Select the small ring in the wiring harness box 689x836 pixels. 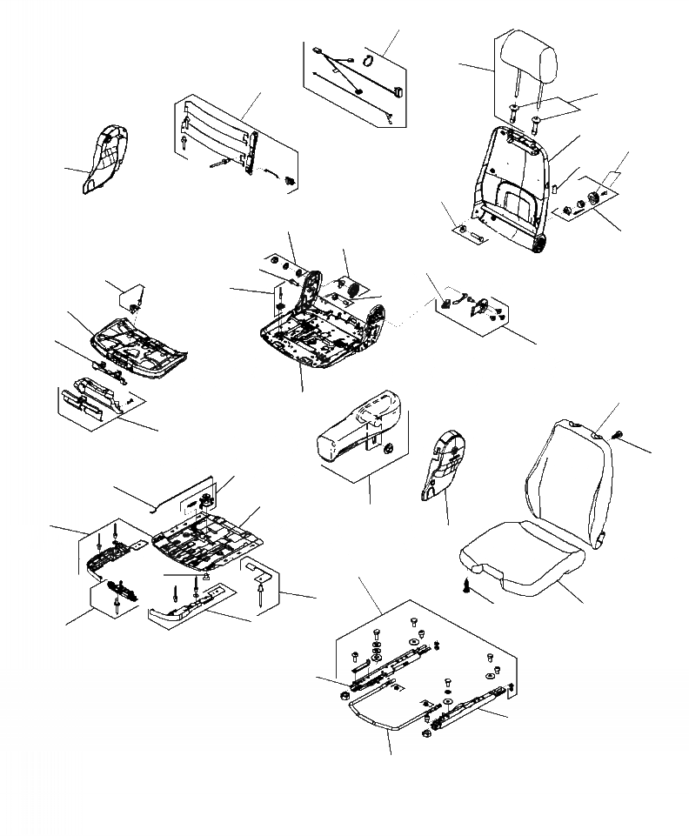tap(367, 60)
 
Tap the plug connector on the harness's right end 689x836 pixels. tap(397, 90)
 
